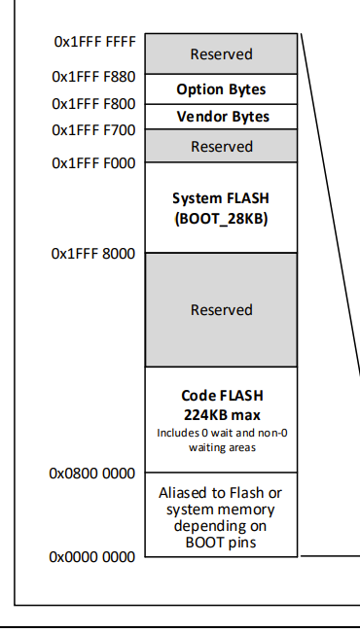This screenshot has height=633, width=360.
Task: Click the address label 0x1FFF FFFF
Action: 95,42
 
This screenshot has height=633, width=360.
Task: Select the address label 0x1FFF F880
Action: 93,76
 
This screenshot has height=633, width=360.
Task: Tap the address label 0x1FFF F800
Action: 93,104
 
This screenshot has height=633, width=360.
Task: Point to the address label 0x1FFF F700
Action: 93,130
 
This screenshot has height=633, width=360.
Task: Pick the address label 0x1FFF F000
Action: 93,163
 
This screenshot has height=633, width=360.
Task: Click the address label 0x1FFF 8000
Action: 93,254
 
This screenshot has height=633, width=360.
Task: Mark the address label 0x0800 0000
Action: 92,473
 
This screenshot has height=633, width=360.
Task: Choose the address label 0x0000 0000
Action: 92,557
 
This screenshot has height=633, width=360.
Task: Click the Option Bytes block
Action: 222,89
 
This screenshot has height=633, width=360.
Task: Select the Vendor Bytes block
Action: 222,117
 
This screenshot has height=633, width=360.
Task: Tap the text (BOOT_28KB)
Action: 222,219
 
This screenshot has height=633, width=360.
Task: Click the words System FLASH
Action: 221,198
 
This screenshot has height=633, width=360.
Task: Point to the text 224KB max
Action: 222,414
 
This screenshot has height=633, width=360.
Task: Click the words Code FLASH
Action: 222,395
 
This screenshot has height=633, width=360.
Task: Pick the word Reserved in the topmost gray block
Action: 222,54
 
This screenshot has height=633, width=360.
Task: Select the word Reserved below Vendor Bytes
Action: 222,146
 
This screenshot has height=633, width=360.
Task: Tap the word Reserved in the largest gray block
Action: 222,309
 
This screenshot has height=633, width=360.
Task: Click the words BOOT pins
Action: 221,542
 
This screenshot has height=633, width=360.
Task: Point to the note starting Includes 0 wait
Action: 222,440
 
